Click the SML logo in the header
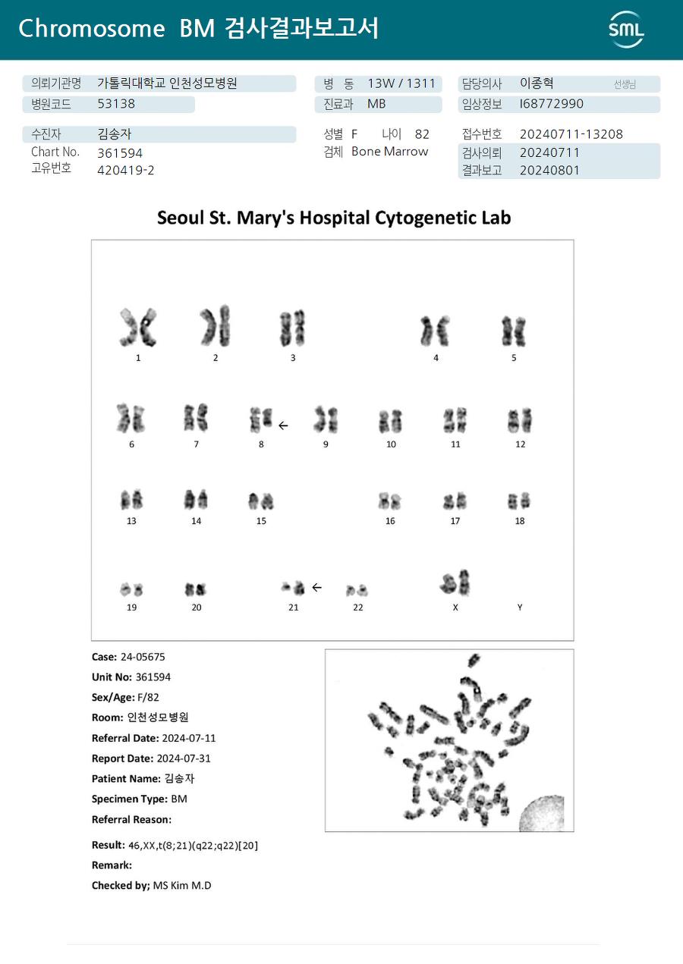coord(626,30)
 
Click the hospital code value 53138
coord(116,104)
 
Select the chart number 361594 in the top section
coord(120,152)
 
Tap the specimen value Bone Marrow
coord(389,152)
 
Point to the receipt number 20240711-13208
coord(571,134)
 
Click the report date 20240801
coord(549,170)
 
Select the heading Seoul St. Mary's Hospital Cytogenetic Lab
coord(334,218)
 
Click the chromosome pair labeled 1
coord(137,328)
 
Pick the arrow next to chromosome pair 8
coord(283,425)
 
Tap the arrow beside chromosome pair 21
coord(316,587)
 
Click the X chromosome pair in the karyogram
coord(455,582)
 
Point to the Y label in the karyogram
coord(520,608)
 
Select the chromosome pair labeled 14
coord(196,500)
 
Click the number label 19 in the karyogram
coord(132,608)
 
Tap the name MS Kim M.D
coord(182,885)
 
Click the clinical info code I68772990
coord(552,104)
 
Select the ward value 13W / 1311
coord(401,83)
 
